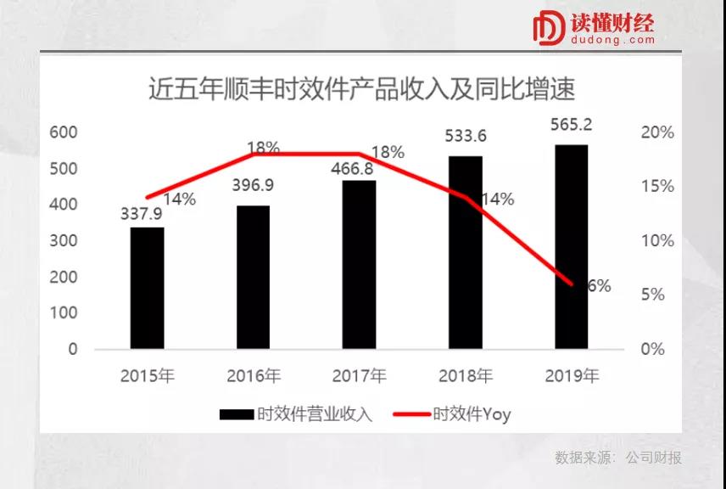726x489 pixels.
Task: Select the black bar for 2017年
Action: tap(359, 264)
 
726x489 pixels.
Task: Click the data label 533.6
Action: tap(464, 136)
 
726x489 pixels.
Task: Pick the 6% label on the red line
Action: tap(599, 286)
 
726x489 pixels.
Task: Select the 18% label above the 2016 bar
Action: tap(264, 148)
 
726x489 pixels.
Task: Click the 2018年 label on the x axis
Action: tap(465, 375)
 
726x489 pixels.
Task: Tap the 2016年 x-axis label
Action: tap(253, 375)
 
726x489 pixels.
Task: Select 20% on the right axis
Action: tap(657, 132)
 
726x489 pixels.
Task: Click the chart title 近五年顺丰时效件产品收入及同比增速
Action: tap(362, 89)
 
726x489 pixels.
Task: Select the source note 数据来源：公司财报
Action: tap(618, 458)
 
